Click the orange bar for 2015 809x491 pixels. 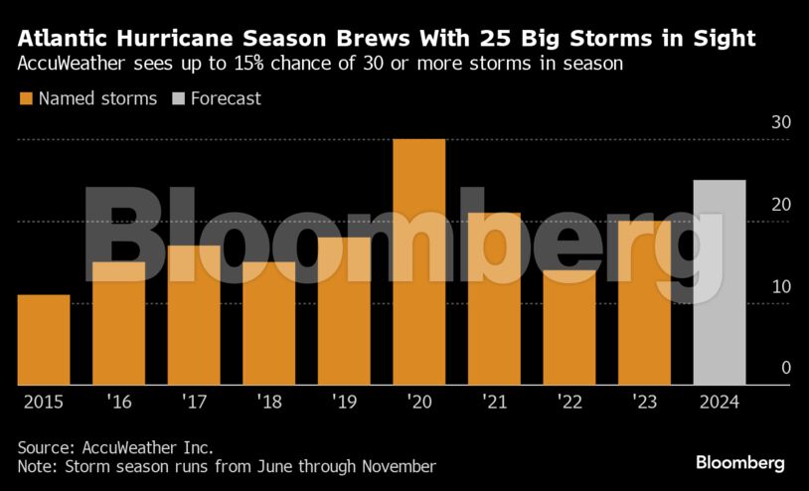(x=44, y=339)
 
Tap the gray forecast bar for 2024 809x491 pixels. (x=719, y=282)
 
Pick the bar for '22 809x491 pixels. (x=568, y=327)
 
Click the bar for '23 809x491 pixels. (x=644, y=302)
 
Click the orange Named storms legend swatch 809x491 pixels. (x=25, y=98)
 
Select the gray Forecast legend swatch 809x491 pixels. (x=178, y=98)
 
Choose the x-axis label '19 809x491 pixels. (x=343, y=403)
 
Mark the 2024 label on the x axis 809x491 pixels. (x=719, y=403)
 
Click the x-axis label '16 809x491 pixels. (x=118, y=403)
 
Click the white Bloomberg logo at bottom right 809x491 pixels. (x=739, y=463)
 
